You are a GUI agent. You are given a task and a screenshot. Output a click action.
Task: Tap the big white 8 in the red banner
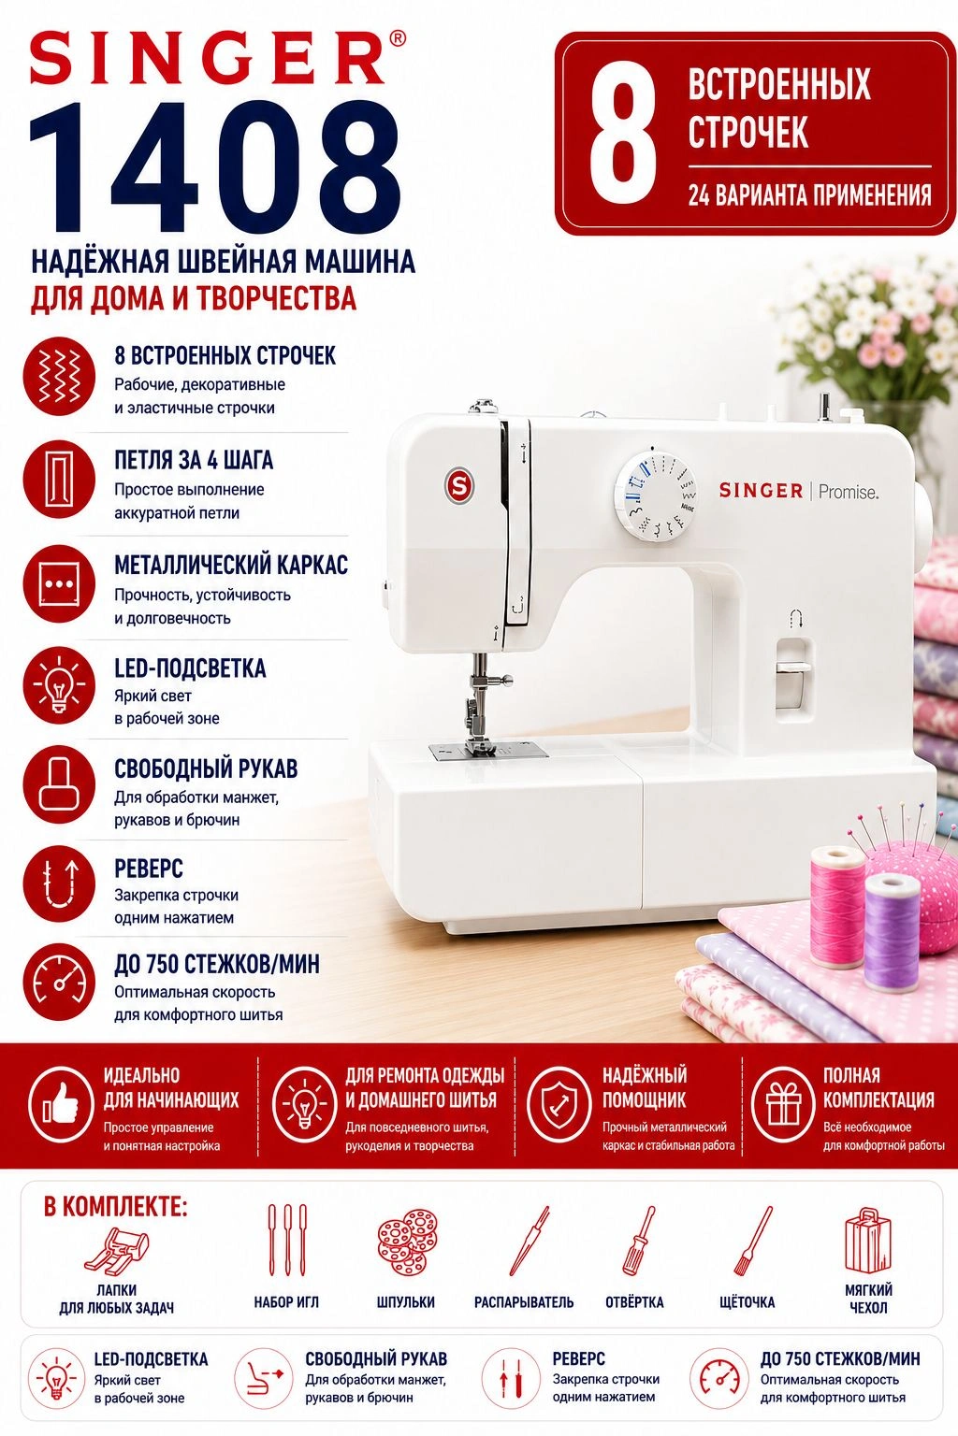point(622,134)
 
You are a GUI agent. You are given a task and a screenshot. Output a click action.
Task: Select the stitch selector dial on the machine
point(656,496)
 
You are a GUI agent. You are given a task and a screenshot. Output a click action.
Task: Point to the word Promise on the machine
point(849,493)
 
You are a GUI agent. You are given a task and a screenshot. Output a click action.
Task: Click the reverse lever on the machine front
point(793,673)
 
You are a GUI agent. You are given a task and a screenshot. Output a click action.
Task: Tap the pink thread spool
point(836,906)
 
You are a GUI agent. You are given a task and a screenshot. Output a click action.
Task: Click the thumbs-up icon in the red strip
point(60,1104)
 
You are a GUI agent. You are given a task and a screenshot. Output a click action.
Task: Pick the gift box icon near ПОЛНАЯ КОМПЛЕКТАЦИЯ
point(784,1104)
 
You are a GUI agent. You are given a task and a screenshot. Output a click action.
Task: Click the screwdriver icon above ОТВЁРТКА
point(640,1242)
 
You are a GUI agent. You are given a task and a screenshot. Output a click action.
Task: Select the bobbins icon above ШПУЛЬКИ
point(407,1242)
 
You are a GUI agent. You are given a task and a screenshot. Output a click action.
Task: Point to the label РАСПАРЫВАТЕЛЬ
point(524,1302)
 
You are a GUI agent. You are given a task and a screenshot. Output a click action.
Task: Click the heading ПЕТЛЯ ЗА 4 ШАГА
point(194,460)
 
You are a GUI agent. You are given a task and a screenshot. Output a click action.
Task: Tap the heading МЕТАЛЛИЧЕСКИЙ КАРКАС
point(231,565)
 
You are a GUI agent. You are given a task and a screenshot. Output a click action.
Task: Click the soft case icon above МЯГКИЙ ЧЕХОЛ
point(867,1240)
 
